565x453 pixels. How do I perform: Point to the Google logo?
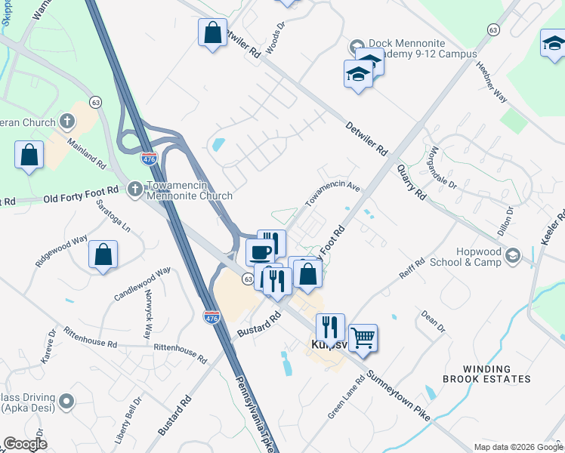[25, 444]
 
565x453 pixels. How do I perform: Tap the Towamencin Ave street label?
[332, 193]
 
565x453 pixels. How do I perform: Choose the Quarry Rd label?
[411, 183]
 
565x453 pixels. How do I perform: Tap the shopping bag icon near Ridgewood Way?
[103, 255]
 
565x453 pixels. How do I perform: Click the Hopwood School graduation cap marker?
[514, 255]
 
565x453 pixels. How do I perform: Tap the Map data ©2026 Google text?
[518, 447]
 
